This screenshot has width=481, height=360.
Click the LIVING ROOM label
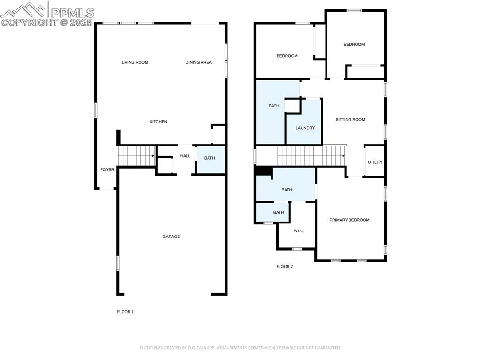pos(135,62)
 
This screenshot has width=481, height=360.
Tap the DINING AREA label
pos(199,62)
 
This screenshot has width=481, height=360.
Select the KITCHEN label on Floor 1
pos(158,122)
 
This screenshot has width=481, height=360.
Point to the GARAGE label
pos(171,237)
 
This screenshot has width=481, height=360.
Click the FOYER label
pos(107,170)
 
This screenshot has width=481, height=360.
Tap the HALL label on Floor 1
pos(186,156)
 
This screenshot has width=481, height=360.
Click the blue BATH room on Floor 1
pos(209,158)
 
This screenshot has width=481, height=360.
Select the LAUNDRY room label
pos(305,128)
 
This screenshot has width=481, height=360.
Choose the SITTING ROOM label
pos(350,120)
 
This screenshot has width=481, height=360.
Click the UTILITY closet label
pos(375,162)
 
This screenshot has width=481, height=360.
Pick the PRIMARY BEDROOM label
pos(349,220)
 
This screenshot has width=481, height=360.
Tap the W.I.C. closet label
pos(299,231)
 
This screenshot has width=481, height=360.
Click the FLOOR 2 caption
pos(284,267)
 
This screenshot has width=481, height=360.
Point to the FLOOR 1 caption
pos(125,312)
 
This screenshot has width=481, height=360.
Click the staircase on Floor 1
pos(136,155)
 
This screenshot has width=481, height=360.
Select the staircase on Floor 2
pos(310,155)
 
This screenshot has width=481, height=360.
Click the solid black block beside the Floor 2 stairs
pos(264,171)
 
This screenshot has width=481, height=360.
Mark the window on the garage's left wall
pos(118,263)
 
